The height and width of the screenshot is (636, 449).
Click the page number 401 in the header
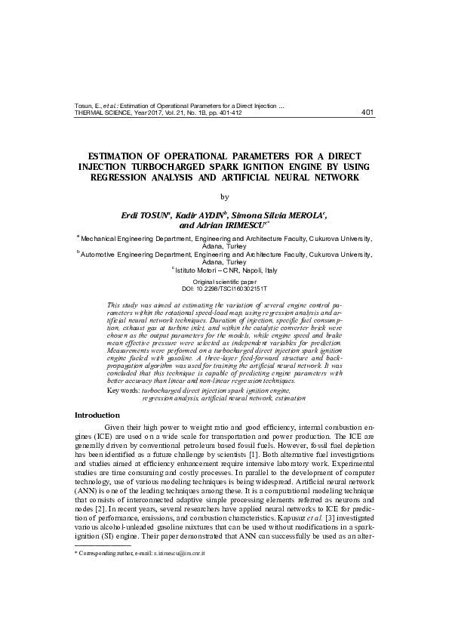point(368,113)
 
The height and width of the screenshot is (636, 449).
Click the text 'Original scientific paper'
point(224,282)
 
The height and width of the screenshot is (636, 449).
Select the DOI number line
point(224,289)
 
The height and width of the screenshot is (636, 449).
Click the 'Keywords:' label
point(124,391)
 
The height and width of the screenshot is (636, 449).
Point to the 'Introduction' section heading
point(97,415)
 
